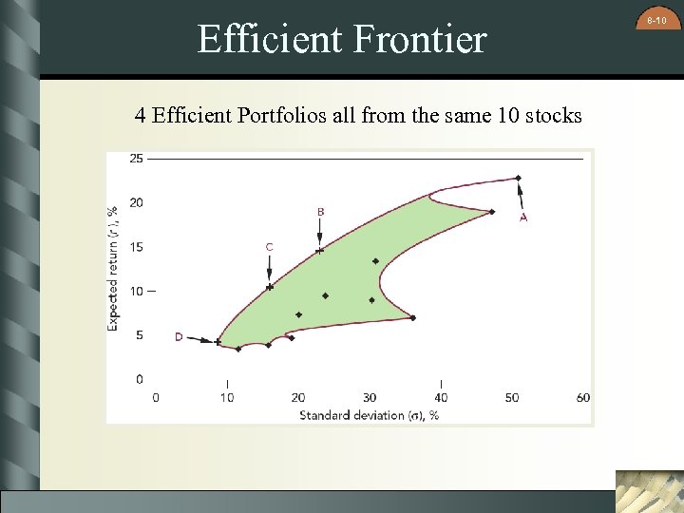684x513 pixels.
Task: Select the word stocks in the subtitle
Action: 548,116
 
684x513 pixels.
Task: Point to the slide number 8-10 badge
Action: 655,19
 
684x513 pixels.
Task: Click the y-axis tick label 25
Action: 137,159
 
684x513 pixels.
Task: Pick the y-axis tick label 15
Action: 137,247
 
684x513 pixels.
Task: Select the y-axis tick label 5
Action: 140,334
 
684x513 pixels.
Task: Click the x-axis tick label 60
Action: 583,397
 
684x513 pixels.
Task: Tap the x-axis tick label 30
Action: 370,397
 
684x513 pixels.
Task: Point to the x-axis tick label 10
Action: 227,397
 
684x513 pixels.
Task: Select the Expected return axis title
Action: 113,268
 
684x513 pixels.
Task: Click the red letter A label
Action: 523,218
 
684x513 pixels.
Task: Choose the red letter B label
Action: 320,211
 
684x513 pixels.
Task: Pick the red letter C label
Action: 269,247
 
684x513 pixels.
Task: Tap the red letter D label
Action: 179,336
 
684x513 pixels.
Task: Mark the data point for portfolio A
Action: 518,178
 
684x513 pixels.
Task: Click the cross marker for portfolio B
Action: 320,251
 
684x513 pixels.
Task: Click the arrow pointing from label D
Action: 201,339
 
